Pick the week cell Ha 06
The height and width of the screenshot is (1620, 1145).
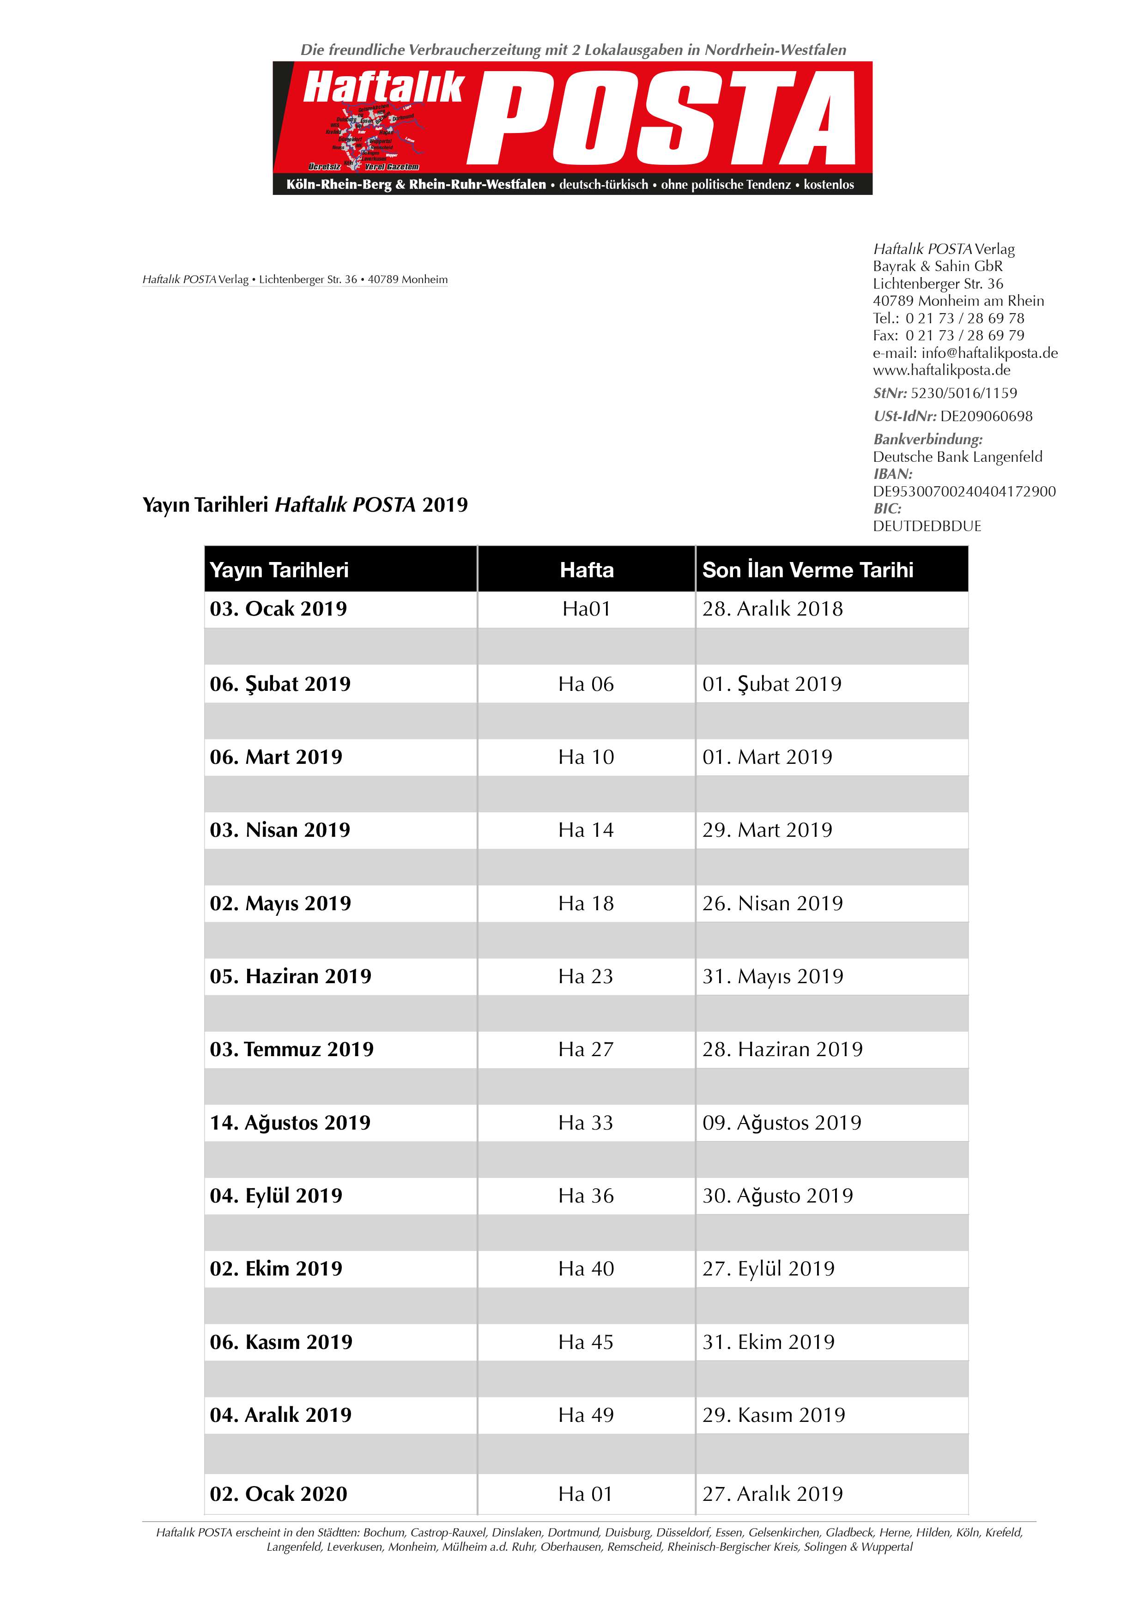tap(586, 684)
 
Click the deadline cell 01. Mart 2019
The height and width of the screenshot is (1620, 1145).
tap(767, 757)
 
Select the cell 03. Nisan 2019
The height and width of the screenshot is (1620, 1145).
tap(279, 830)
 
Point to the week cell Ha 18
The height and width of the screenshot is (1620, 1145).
tap(586, 903)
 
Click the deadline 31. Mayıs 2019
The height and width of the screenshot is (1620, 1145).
tap(773, 977)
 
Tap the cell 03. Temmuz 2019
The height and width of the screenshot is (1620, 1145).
tap(291, 1049)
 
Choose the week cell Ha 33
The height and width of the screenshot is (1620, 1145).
tap(586, 1123)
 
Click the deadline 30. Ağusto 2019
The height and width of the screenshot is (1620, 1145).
tap(777, 1196)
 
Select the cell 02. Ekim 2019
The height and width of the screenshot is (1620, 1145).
tap(276, 1269)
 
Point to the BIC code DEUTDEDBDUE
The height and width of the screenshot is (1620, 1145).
tap(927, 526)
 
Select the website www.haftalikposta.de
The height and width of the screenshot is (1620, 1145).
tap(941, 370)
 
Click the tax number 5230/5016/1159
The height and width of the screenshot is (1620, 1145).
tap(963, 393)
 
